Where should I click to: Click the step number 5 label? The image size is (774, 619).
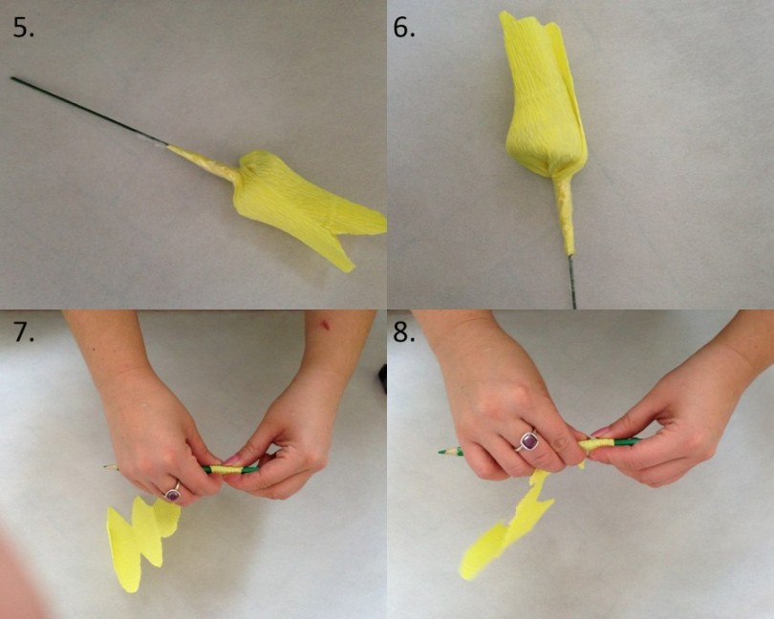(x=23, y=28)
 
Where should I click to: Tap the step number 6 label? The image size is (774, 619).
(x=404, y=28)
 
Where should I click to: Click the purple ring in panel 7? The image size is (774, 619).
(x=173, y=493)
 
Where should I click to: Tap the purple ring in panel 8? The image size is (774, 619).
(x=527, y=440)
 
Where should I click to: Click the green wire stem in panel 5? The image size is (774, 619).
(x=90, y=111)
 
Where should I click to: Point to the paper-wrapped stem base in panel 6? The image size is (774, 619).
(x=564, y=214)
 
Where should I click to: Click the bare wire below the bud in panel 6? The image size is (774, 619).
(x=572, y=282)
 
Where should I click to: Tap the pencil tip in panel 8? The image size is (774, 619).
(x=442, y=451)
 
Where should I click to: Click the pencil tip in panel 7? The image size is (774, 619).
(x=110, y=466)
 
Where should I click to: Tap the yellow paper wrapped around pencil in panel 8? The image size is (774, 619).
(x=598, y=444)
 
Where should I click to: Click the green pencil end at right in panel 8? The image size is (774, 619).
(x=628, y=440)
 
